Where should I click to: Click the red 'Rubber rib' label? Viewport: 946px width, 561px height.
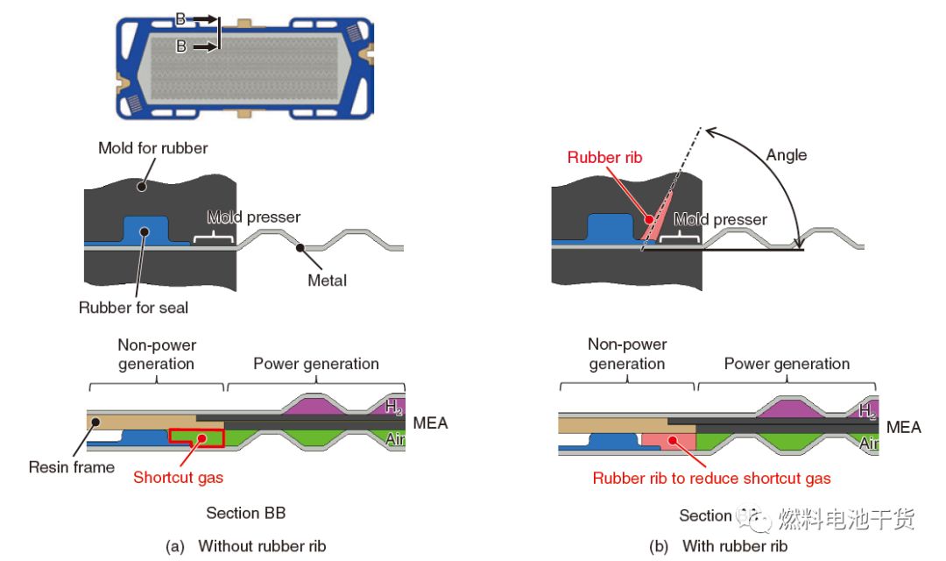point(604,158)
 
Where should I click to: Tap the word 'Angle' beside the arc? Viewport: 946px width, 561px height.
point(786,155)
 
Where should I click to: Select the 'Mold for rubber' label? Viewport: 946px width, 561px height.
point(152,148)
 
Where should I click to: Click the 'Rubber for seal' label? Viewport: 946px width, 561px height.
point(133,308)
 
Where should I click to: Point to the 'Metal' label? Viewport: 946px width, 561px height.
point(327,280)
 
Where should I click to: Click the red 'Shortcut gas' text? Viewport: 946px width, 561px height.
point(178,478)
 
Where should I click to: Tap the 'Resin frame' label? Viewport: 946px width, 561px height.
point(72,467)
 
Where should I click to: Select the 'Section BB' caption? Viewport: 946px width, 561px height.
point(245,513)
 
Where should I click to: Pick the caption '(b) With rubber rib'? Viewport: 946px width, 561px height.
point(718,546)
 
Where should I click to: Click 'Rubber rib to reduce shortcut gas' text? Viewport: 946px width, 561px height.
point(711,478)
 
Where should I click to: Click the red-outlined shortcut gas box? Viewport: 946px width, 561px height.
point(197,437)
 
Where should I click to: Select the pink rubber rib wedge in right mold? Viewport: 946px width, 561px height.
point(653,224)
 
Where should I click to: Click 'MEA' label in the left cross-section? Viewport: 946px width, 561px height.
point(429,423)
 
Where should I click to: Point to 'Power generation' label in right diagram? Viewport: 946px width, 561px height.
point(787,364)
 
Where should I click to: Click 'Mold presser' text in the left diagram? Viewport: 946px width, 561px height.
point(253,217)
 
